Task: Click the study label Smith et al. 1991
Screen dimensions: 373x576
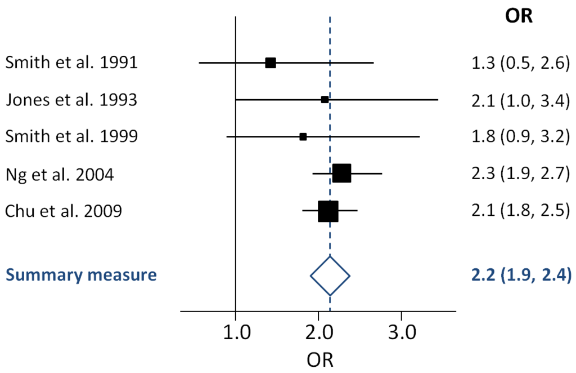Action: (71, 63)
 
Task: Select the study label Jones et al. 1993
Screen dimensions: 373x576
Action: (71, 100)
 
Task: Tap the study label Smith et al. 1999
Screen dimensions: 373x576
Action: (71, 137)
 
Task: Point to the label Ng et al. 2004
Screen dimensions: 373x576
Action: (60, 174)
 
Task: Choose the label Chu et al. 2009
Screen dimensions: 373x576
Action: (64, 211)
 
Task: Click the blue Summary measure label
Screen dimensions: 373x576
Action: (81, 276)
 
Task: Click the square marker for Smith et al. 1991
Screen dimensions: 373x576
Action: (271, 63)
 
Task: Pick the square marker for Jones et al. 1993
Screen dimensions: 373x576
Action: (325, 100)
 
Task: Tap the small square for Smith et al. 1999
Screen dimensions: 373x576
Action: (303, 137)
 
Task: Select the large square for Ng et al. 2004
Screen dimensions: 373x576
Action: (341, 174)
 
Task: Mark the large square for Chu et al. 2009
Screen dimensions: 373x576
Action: (328, 211)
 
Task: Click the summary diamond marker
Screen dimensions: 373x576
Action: (330, 276)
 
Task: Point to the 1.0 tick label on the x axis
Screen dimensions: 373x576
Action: (235, 334)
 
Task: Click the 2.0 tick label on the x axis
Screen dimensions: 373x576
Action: (318, 334)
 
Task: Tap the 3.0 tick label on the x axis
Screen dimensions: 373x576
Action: (401, 334)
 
